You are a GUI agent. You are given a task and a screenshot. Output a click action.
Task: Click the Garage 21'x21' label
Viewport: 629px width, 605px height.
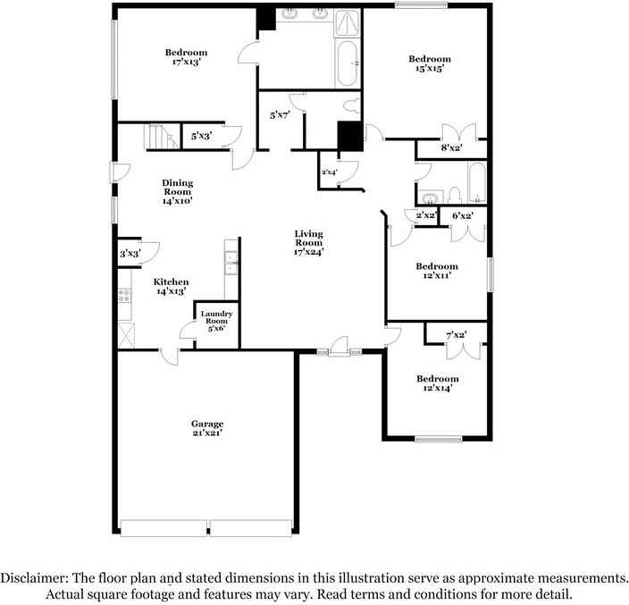206,428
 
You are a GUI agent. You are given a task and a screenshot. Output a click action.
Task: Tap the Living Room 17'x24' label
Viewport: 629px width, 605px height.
309,243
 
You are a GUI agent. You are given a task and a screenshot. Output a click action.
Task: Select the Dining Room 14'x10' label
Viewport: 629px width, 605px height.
177,192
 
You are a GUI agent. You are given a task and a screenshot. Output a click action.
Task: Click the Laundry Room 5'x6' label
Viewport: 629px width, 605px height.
216,321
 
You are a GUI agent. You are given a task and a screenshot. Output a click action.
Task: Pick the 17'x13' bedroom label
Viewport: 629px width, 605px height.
186,57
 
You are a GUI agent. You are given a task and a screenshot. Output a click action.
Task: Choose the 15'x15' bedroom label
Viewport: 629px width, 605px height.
430,63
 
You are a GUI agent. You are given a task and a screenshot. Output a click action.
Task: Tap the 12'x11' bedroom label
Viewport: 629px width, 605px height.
437,271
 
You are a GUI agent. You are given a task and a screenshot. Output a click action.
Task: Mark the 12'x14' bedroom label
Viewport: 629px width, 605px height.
437,383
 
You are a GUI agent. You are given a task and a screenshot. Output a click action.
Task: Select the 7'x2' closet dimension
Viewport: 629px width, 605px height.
456,335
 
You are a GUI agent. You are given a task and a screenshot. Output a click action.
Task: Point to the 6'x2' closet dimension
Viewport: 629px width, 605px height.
463,215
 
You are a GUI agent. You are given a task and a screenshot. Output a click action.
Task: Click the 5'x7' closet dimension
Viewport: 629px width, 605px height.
281,114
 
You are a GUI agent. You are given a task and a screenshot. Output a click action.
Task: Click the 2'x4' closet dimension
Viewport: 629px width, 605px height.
330,172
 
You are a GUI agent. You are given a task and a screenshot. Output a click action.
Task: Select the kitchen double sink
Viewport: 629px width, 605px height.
231,262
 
